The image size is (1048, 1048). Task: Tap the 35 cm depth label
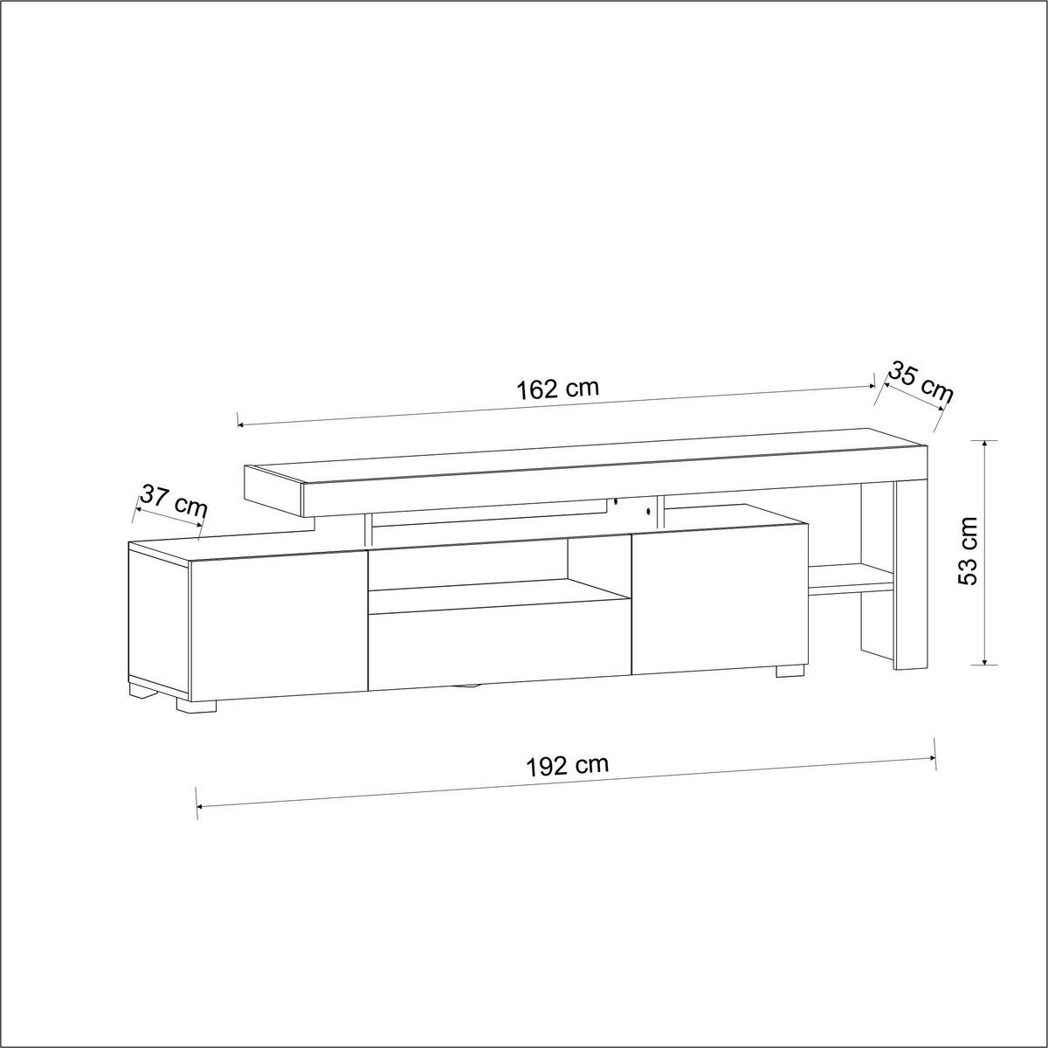click(x=920, y=383)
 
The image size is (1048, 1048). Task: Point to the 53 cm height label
click(x=969, y=551)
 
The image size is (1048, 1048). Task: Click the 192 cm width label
click(x=568, y=766)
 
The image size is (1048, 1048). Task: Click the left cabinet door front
click(x=276, y=624)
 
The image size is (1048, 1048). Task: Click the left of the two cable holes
click(x=615, y=501)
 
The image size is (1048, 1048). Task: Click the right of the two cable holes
click(x=649, y=511)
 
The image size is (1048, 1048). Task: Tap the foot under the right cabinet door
click(x=789, y=672)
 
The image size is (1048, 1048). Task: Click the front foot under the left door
click(x=197, y=706)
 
